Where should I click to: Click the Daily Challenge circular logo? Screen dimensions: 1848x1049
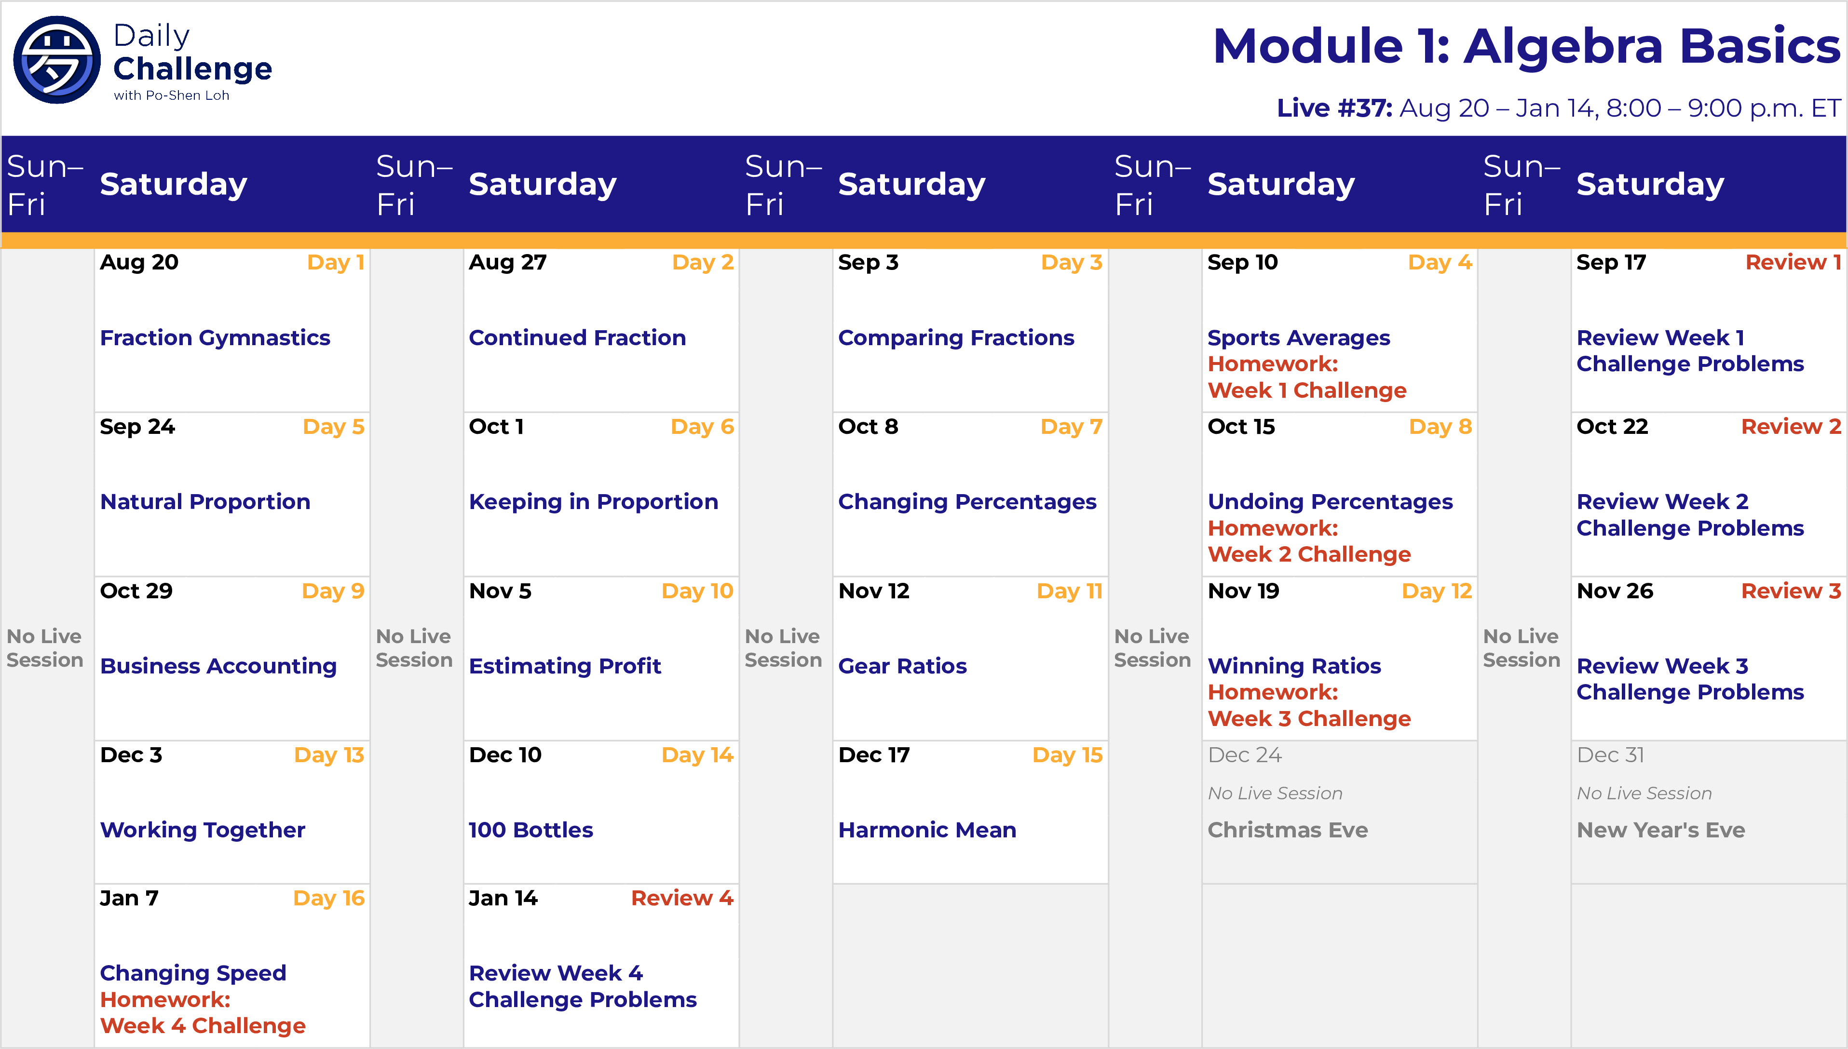point(57,60)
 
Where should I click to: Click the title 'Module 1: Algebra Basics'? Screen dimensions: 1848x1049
point(1526,46)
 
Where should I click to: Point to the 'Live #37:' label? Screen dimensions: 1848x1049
point(1334,108)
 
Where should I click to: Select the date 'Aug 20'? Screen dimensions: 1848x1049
point(139,263)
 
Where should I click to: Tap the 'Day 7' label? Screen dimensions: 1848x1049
point(1071,427)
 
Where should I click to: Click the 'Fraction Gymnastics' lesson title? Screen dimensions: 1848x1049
point(215,338)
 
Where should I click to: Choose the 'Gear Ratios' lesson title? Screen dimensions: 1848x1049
point(902,666)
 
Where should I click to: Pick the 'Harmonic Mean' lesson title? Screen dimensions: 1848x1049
point(927,830)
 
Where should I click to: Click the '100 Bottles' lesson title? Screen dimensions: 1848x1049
point(530,830)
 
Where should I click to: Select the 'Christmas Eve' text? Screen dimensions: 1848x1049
point(1287,830)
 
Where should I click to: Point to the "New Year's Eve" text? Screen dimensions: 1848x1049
point(1660,830)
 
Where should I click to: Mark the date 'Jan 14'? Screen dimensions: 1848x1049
point(503,899)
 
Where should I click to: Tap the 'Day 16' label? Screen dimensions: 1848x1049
point(329,899)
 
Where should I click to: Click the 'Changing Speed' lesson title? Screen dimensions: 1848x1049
point(193,973)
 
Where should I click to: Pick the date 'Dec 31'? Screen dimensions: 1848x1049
point(1610,755)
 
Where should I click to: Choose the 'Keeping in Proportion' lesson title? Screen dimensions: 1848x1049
point(593,502)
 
